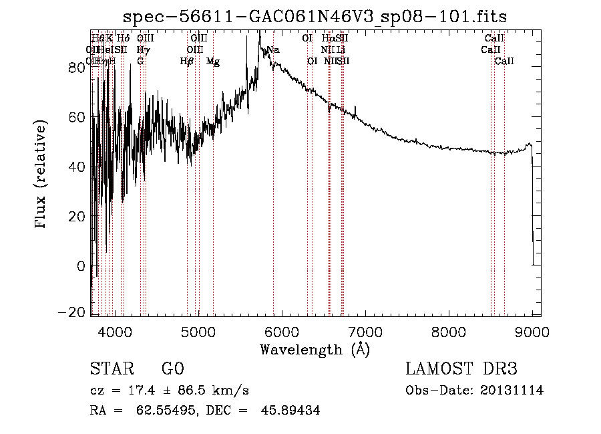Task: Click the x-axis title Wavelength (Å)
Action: pos(315,349)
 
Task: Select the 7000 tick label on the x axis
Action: pos(365,331)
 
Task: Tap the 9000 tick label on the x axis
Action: pos(532,331)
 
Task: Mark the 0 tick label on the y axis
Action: pos(81,265)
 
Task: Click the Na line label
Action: pos(273,49)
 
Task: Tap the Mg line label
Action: pos(213,62)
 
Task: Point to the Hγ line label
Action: pos(143,49)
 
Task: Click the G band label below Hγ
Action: pos(140,62)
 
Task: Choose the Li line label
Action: pos(341,49)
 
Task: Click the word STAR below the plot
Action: pos(107,369)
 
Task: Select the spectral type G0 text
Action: pos(172,369)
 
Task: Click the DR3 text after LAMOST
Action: pos(499,369)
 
